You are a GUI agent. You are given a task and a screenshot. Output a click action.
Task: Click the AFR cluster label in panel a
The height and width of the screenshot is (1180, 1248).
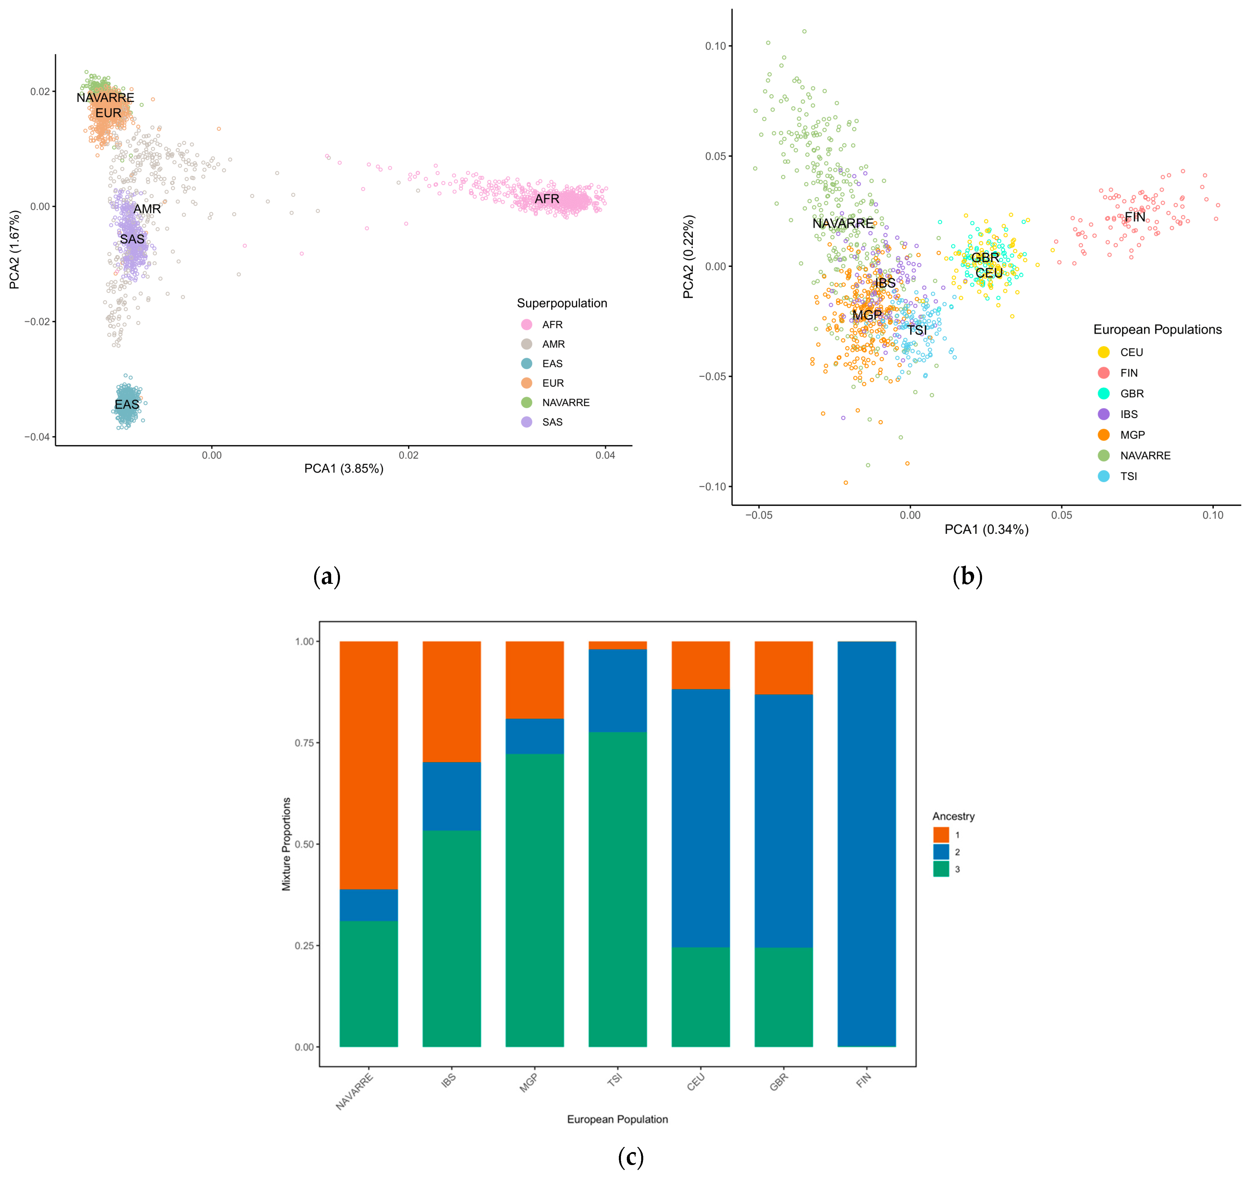[547, 199]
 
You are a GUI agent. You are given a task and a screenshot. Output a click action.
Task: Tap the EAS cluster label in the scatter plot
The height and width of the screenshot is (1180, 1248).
[126, 404]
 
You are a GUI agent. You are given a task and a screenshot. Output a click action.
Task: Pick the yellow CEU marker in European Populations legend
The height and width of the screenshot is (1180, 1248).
[1103, 352]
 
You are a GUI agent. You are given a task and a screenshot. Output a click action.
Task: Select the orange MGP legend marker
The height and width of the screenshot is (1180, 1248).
[1103, 435]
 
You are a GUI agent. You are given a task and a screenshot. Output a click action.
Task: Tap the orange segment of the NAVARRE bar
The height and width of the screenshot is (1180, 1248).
[368, 764]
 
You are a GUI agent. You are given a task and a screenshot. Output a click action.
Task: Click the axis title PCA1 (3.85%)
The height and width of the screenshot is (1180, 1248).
[344, 469]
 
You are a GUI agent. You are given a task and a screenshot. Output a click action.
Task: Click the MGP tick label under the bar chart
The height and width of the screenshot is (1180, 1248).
[528, 1082]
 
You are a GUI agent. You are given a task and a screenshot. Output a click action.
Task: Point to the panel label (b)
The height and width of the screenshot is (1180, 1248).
[967, 576]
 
